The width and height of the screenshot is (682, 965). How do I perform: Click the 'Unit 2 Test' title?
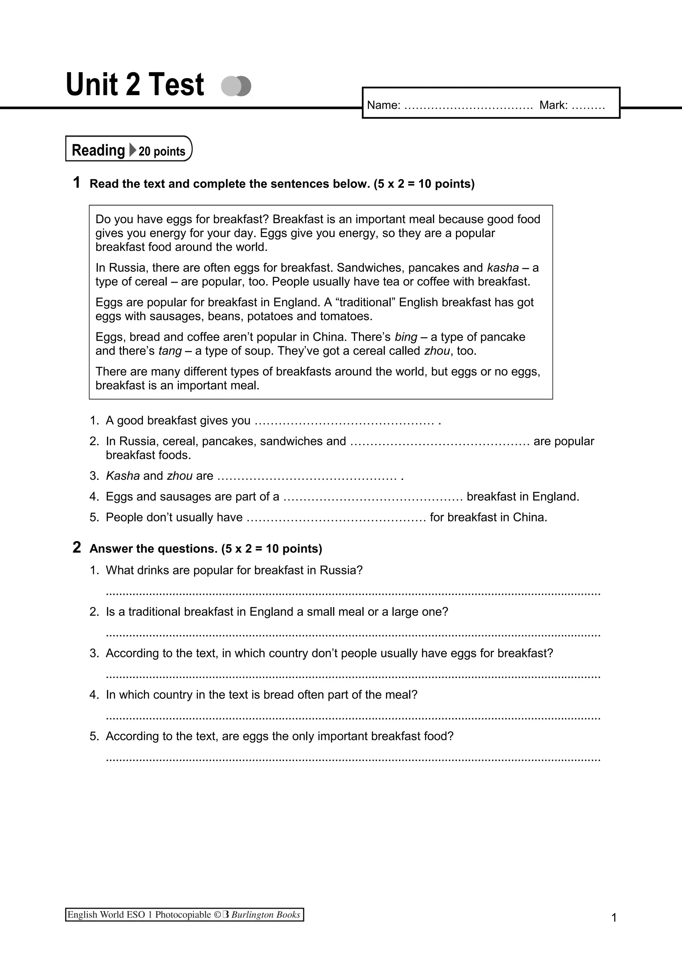point(135,85)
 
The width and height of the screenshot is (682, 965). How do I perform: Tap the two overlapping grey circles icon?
point(236,86)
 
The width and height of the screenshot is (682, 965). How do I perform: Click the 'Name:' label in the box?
point(383,105)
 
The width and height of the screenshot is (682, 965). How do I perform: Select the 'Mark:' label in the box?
point(553,105)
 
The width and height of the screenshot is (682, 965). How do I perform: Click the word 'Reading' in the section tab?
point(98,150)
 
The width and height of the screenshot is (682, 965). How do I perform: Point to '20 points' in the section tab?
point(162,151)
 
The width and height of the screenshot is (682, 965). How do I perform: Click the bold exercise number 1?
point(77,183)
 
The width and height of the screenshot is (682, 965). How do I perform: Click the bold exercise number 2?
point(77,547)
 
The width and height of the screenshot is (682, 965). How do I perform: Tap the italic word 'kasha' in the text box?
point(503,268)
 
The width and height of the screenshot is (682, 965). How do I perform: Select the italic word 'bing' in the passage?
point(406,337)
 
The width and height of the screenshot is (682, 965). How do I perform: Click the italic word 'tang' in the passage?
point(170,351)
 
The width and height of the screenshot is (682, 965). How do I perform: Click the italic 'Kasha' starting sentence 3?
point(122,476)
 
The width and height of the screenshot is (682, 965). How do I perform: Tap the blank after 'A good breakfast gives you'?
point(345,422)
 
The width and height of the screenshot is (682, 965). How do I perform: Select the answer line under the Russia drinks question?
point(353,594)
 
